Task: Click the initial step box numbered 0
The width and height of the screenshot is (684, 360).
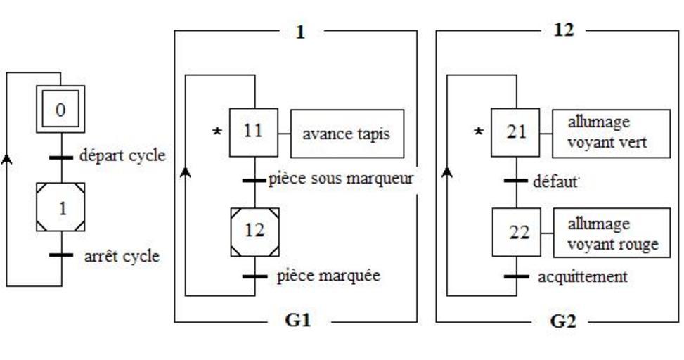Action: (60, 110)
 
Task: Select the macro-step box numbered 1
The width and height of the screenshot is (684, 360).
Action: (60, 207)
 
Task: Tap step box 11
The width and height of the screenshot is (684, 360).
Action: (254, 131)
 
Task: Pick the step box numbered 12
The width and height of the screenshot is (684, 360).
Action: (254, 230)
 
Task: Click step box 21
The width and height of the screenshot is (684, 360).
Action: (516, 131)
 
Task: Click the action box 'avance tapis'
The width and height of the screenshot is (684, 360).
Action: (347, 133)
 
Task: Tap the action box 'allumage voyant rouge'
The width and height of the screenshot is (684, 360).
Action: (612, 233)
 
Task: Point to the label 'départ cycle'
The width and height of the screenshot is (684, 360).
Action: (123, 155)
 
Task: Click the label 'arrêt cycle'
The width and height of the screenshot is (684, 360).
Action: (121, 256)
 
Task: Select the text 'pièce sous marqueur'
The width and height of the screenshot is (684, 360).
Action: (340, 179)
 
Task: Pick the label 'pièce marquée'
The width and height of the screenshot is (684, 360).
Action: (329, 276)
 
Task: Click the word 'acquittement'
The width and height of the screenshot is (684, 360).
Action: (582, 276)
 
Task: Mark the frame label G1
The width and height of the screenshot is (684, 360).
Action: (298, 320)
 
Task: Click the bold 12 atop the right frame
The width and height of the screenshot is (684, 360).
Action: (564, 30)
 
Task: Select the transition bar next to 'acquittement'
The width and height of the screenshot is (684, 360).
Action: (517, 276)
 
